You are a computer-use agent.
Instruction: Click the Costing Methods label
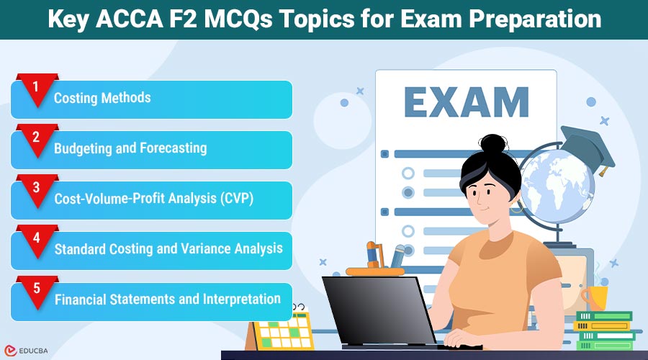(x=102, y=98)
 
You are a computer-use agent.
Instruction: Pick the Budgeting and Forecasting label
(x=130, y=148)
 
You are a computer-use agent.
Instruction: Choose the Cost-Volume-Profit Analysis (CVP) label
(x=154, y=199)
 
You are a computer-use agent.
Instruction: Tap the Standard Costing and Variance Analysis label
(x=168, y=249)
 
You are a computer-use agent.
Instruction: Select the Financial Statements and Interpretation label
(x=168, y=300)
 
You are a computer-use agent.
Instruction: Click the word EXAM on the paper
(x=466, y=102)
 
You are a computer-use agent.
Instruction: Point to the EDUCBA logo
(x=26, y=351)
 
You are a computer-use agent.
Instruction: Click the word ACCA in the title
(x=129, y=19)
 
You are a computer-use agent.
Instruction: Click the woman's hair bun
(x=493, y=144)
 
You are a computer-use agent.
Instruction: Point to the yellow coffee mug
(x=595, y=297)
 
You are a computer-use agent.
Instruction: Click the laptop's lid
(x=379, y=311)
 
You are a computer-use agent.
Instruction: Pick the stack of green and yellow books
(x=604, y=330)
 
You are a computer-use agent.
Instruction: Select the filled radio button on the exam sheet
(x=408, y=193)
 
